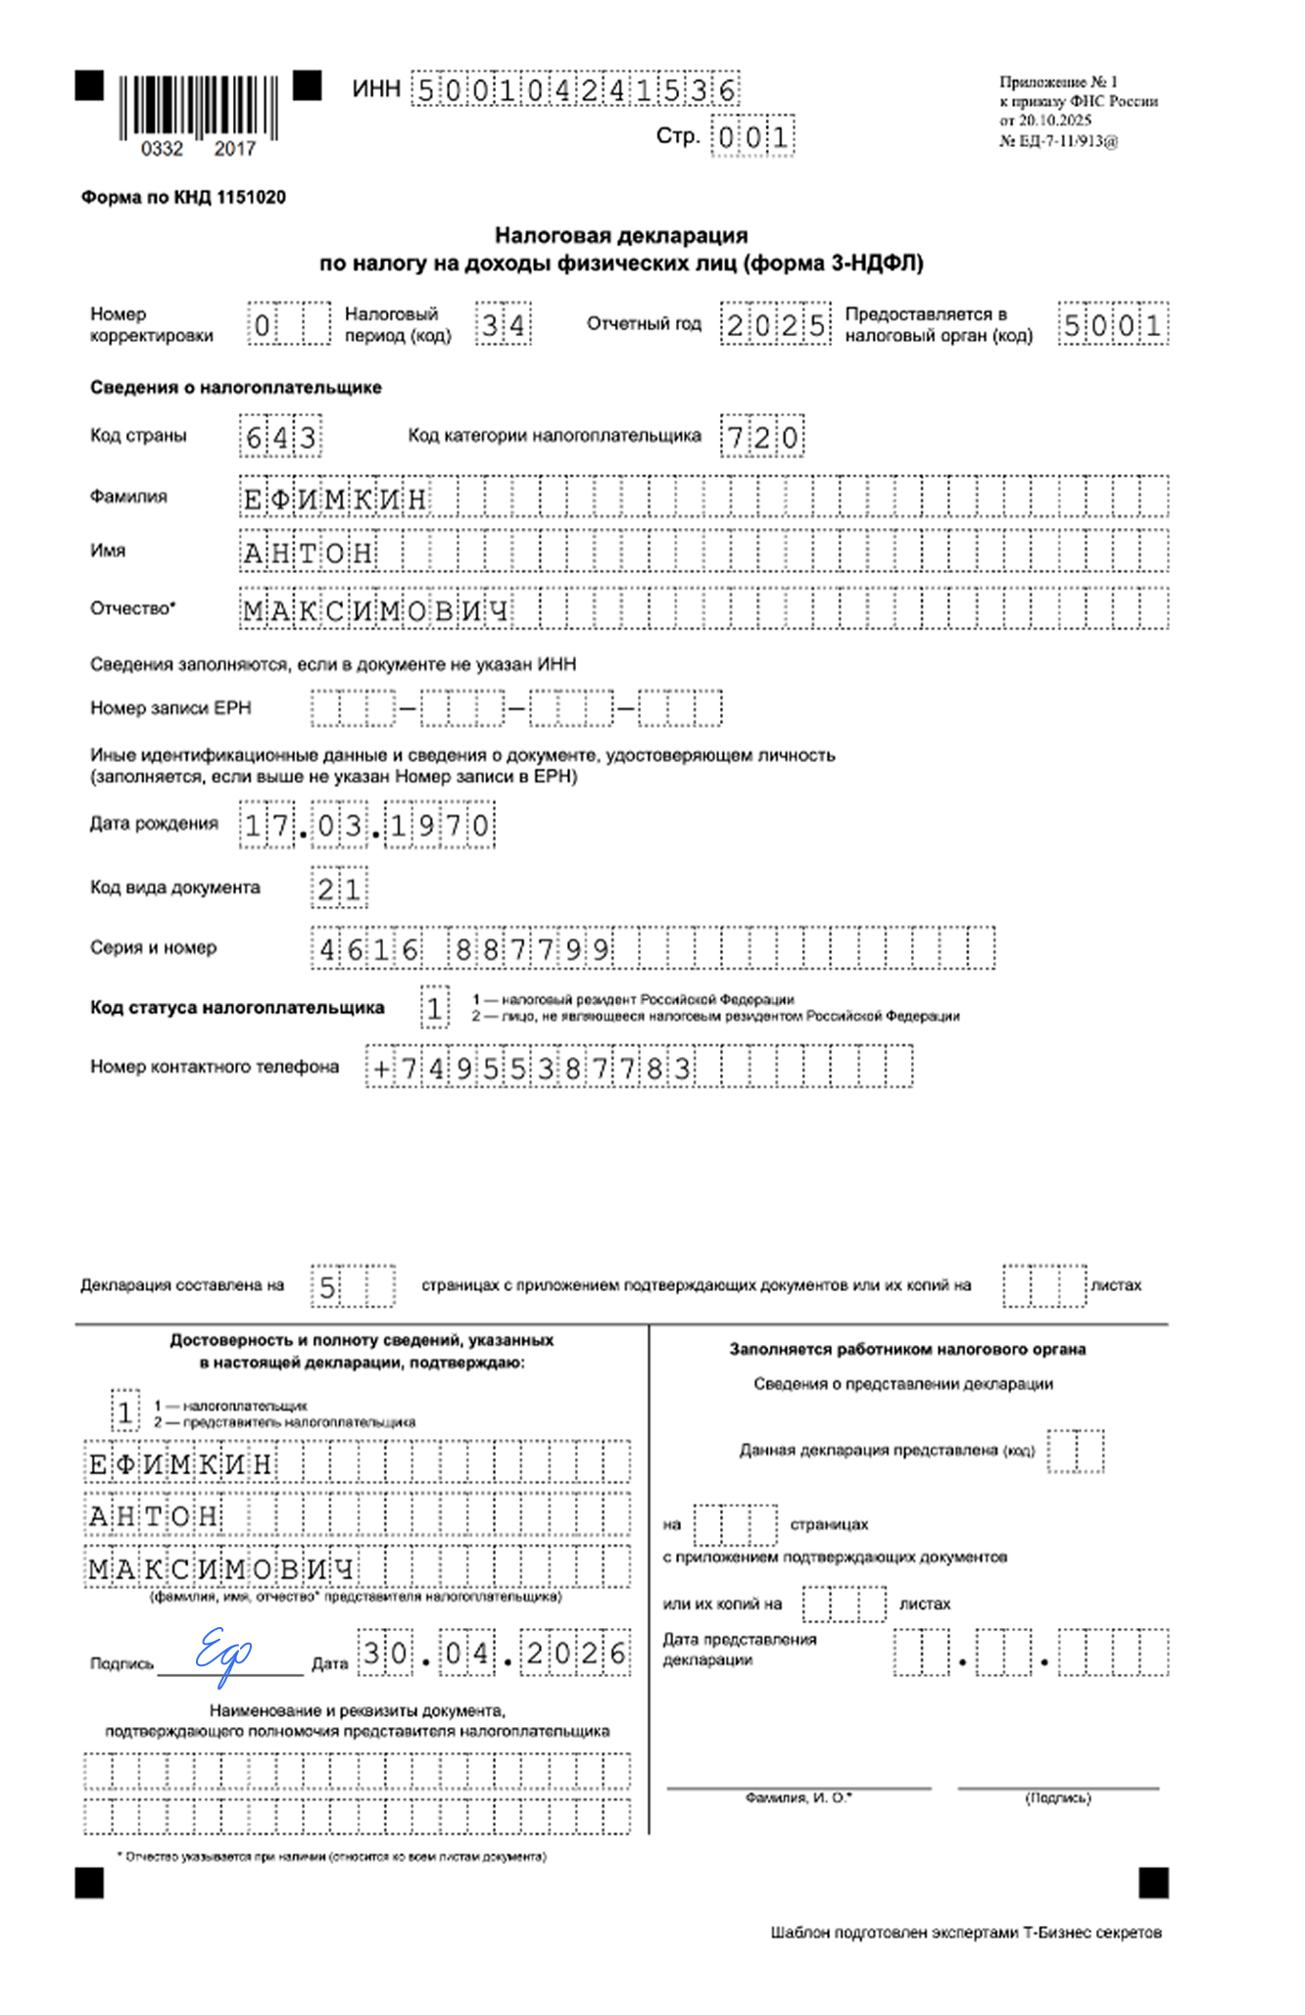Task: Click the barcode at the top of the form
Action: click(x=199, y=107)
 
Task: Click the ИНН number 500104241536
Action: click(x=575, y=91)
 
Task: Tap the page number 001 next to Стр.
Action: click(x=751, y=137)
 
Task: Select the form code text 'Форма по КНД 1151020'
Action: click(x=183, y=197)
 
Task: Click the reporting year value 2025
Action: click(x=775, y=325)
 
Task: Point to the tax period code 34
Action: click(x=504, y=325)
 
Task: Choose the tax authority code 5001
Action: click(x=1113, y=325)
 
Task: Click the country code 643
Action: click(x=280, y=437)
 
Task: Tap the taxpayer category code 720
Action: click(x=762, y=437)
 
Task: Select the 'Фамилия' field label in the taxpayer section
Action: click(x=128, y=497)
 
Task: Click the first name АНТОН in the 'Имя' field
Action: click(x=308, y=553)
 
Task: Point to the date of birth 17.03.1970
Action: click(x=367, y=826)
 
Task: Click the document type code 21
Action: click(x=339, y=889)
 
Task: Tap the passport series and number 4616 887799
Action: click(x=463, y=948)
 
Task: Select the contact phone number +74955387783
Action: click(x=532, y=1068)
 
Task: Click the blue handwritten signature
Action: click(x=223, y=1655)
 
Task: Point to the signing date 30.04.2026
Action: click(x=494, y=1655)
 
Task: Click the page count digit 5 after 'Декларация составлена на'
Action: click(x=328, y=1287)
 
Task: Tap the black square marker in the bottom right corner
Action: click(x=1153, y=1883)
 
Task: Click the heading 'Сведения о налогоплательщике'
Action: click(x=236, y=388)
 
